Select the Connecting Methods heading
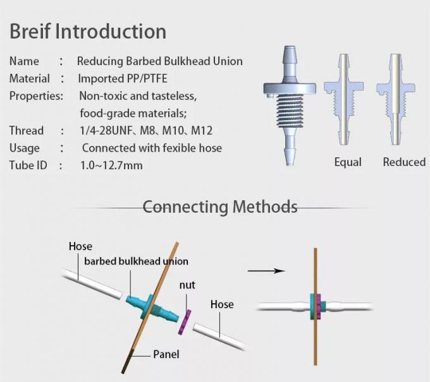[219, 206]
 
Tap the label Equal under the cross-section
[348, 162]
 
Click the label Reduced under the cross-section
[404, 162]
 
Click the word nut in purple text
[187, 285]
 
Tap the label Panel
[166, 354]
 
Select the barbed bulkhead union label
[136, 261]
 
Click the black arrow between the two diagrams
[266, 271]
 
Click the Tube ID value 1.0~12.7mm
[111, 165]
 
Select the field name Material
[29, 79]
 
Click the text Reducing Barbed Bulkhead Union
[159, 61]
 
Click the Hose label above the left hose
[80, 246]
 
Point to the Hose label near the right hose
[222, 304]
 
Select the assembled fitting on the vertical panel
[316, 307]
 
